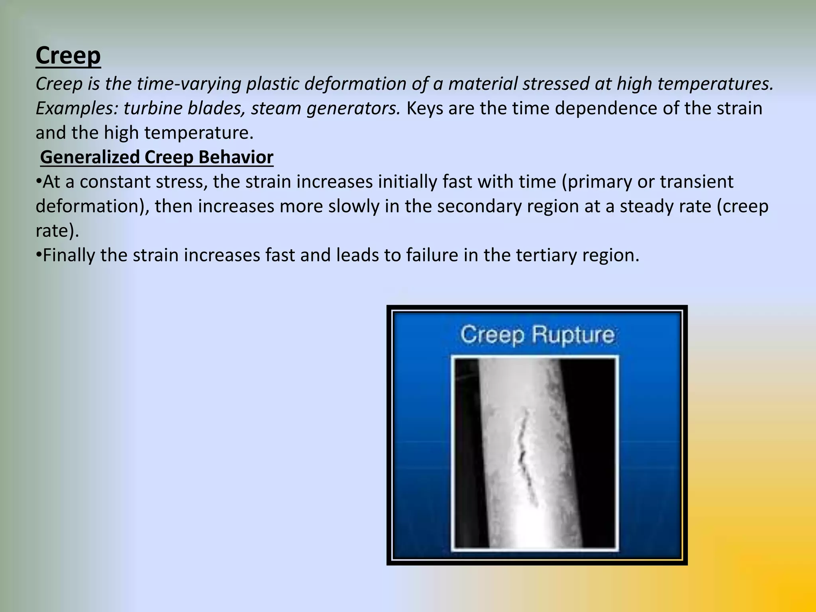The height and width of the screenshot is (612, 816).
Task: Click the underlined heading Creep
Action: click(x=68, y=55)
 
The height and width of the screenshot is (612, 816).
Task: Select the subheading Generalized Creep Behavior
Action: click(x=157, y=157)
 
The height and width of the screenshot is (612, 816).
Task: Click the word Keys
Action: click(x=425, y=108)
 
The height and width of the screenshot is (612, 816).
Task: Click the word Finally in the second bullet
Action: click(x=68, y=255)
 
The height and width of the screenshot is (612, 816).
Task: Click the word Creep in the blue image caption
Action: click(x=493, y=335)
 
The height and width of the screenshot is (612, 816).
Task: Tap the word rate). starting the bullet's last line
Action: click(x=57, y=231)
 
